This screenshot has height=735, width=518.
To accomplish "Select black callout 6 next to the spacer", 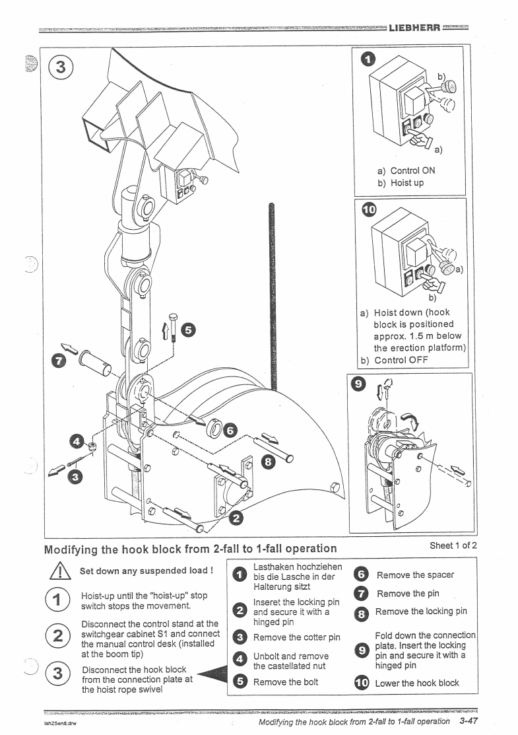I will click(229, 430).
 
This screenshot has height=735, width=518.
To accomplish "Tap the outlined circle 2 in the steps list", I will click(60, 637).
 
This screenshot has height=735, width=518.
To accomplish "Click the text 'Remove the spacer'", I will click(415, 575).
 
